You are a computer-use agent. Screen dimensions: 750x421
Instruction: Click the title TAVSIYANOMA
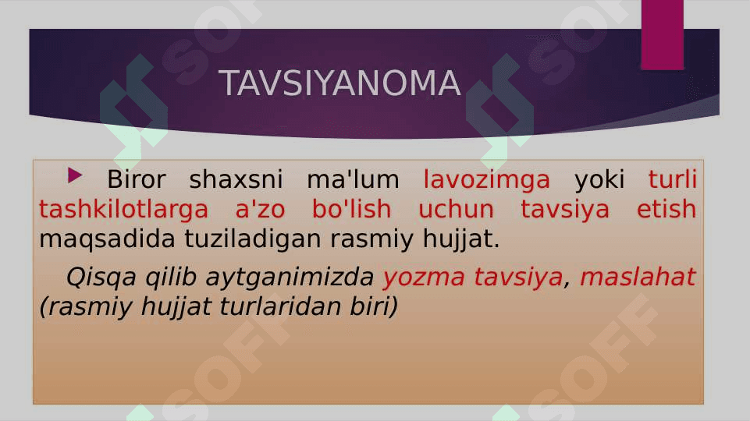click(x=339, y=83)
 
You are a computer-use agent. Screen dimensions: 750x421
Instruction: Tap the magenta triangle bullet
click(x=75, y=175)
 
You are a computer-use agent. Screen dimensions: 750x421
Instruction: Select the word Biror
click(x=137, y=179)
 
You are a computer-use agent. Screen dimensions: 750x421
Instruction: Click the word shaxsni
click(x=236, y=179)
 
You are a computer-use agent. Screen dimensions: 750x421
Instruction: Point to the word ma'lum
click(x=353, y=179)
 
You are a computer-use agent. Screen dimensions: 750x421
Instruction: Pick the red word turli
click(x=673, y=179)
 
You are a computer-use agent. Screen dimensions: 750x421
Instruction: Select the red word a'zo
click(x=261, y=209)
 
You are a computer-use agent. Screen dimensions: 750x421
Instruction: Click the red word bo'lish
click(x=351, y=209)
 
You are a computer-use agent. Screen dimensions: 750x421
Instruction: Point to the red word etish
click(x=666, y=209)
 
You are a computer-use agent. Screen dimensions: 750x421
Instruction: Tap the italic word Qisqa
click(x=101, y=278)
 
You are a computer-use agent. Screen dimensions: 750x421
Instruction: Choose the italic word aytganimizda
click(x=290, y=278)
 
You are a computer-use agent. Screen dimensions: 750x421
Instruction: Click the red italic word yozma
click(x=424, y=278)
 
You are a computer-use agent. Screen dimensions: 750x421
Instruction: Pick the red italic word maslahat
click(x=638, y=277)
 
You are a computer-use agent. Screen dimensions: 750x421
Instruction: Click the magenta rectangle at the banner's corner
click(x=663, y=35)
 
